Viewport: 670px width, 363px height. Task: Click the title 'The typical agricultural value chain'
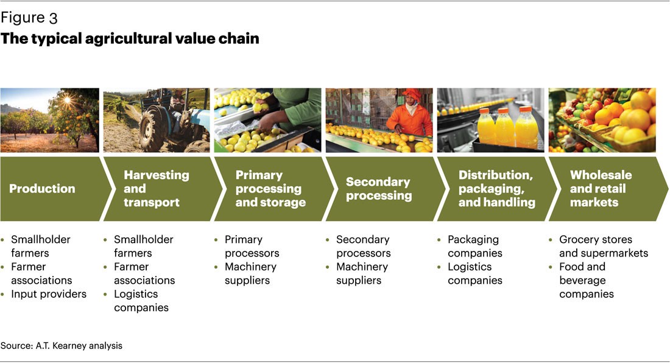coord(130,38)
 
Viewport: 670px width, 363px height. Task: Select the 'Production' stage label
coord(42,189)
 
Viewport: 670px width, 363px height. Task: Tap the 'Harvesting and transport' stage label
coord(156,188)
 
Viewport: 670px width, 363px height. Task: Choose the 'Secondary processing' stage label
coord(378,188)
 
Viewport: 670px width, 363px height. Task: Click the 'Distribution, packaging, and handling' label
coord(496,188)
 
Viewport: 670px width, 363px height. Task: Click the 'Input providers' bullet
coord(49,294)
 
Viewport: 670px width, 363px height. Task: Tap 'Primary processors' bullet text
coord(252,246)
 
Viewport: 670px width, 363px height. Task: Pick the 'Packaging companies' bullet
coord(474,246)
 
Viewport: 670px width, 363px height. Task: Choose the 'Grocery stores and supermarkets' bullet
coord(602,246)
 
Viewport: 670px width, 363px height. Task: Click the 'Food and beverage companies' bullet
coord(586,280)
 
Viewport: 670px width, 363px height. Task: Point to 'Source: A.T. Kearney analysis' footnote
coord(62,345)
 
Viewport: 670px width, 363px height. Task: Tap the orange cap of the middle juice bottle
coord(504,112)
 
